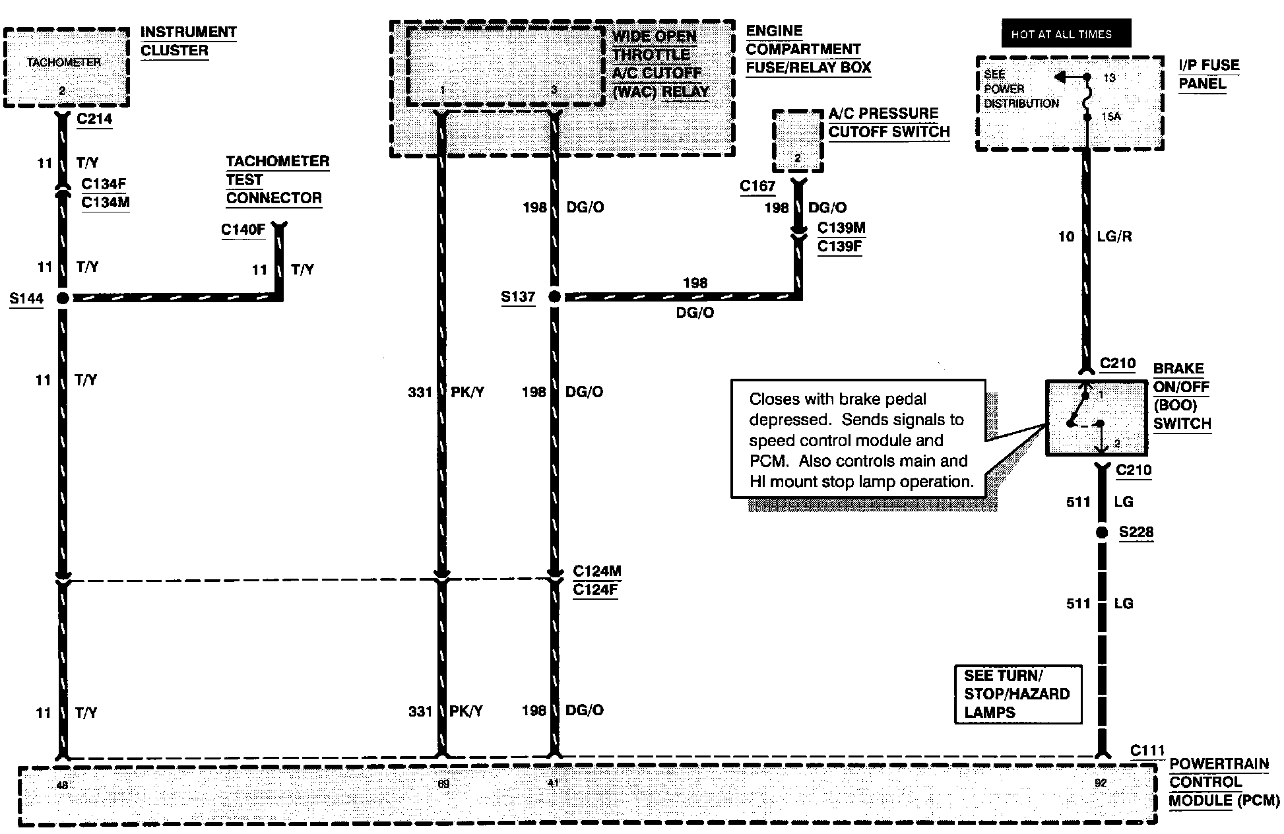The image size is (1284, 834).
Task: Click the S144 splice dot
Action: click(63, 298)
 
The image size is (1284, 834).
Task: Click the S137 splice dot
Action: click(554, 297)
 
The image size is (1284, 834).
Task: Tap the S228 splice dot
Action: click(1101, 532)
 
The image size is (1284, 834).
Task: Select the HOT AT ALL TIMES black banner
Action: click(1066, 34)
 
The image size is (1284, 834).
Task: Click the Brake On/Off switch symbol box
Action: click(1096, 418)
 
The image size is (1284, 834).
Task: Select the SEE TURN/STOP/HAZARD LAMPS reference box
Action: click(1017, 694)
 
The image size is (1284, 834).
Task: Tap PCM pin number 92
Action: click(1101, 783)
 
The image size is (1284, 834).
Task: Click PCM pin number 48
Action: click(62, 785)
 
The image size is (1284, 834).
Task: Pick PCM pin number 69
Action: click(443, 784)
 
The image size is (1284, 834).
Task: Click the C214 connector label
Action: click(94, 119)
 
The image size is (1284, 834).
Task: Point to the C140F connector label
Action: click(243, 230)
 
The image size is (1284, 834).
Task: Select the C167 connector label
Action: click(757, 187)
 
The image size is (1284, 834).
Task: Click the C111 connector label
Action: click(1147, 751)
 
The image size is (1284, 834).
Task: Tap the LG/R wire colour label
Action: click(1114, 236)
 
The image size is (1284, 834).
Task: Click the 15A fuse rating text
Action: click(1111, 116)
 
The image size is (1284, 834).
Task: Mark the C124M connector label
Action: click(596, 571)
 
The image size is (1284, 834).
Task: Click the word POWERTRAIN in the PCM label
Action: click(1219, 764)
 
